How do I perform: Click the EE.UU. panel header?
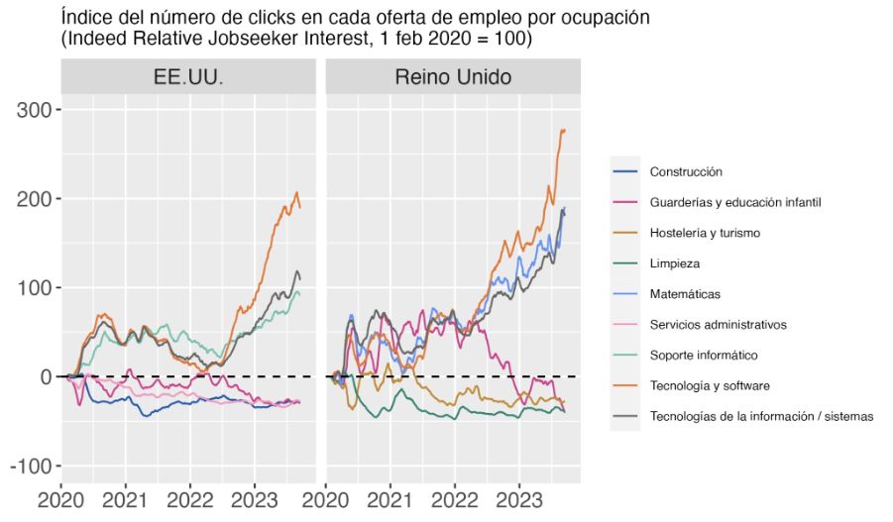pos(188,77)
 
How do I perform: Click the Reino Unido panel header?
pos(452,77)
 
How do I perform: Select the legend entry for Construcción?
pos(686,171)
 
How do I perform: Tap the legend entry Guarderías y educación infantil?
pos(735,202)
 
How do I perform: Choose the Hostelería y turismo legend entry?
pos(705,233)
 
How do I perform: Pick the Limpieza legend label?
pos(675,263)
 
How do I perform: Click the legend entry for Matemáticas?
pos(685,294)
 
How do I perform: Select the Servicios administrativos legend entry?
pos(718,324)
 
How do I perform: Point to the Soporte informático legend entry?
pos(704,355)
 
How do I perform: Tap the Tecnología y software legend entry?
pos(710,385)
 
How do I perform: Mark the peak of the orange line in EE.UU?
pos(296,192)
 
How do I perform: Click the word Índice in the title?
pos(85,19)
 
